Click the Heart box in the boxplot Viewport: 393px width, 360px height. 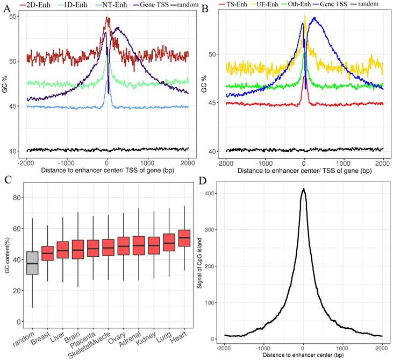pos(184,238)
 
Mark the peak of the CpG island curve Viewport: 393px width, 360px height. pos(303,189)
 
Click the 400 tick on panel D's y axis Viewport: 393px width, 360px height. pos(212,193)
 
